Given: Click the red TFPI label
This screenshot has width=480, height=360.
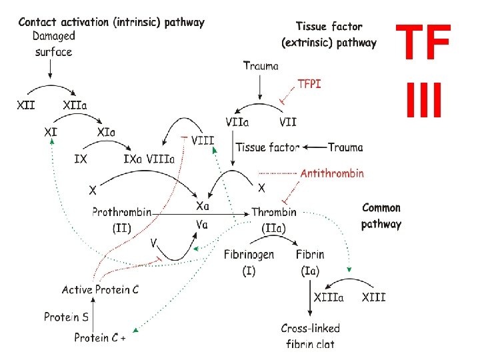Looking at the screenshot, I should click(x=309, y=85).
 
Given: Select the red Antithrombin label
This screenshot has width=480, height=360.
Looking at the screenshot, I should click(x=332, y=173).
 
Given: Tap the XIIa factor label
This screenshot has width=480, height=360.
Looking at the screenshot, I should click(x=79, y=105).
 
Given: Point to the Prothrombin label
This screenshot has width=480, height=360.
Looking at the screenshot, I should click(x=121, y=212).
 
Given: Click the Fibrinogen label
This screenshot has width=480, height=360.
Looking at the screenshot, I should click(x=248, y=254).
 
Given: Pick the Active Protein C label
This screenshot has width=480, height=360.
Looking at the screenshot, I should click(x=101, y=289).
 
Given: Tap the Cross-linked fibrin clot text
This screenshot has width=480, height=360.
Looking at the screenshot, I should click(x=311, y=335).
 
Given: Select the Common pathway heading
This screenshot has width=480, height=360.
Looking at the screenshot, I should click(x=381, y=216).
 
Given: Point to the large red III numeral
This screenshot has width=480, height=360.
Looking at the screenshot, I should click(x=424, y=98).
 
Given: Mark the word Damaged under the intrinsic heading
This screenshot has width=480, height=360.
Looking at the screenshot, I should click(x=54, y=36).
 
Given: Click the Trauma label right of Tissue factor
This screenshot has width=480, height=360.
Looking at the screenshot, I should click(x=345, y=147).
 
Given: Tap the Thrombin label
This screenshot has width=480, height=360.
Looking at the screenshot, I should click(x=274, y=212).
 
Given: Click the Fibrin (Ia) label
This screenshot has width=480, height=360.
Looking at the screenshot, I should click(x=310, y=261).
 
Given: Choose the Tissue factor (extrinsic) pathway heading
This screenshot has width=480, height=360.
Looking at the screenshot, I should click(x=329, y=35).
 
